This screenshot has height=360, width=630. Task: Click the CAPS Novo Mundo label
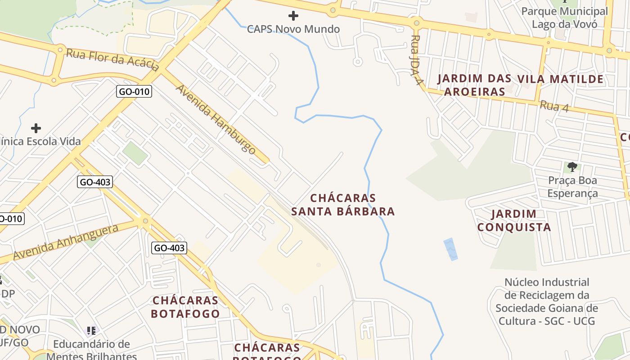[x=293, y=29]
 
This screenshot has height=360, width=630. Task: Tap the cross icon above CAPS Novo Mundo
[x=293, y=16]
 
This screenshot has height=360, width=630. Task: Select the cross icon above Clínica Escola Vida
[x=36, y=128]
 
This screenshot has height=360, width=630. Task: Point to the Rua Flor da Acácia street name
[x=112, y=60]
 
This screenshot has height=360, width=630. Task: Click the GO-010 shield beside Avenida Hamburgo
[x=135, y=92]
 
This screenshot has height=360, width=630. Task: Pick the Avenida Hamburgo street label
[x=216, y=120]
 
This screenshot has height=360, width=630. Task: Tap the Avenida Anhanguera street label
[x=66, y=242]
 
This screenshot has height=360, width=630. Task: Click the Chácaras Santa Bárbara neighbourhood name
[x=343, y=205]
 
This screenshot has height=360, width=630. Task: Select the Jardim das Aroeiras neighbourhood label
[x=474, y=85]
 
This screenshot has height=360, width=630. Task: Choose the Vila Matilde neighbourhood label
[x=560, y=80]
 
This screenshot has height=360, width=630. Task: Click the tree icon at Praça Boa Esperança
[x=572, y=167]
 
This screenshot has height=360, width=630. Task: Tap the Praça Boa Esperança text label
[x=572, y=187]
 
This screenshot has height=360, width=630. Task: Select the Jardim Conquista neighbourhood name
[x=514, y=220]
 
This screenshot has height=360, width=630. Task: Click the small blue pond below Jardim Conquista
[x=450, y=249]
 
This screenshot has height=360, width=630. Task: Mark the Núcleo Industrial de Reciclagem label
[x=547, y=301]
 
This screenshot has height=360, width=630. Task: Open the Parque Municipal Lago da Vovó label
[x=564, y=18]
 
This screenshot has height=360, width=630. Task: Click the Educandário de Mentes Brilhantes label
[x=91, y=350]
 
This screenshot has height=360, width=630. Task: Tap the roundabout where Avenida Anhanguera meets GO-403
[x=145, y=221]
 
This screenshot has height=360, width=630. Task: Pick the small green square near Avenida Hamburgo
[x=135, y=153]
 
